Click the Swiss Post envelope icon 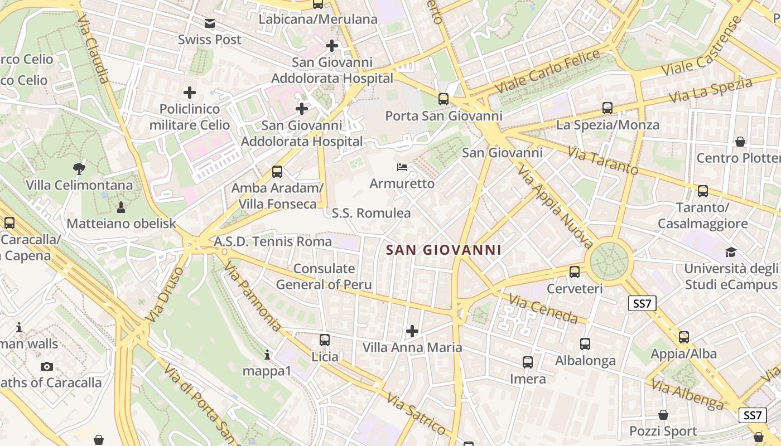(209, 23)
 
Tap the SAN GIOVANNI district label (444, 250)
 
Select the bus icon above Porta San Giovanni (443, 99)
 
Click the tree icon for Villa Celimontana (79, 168)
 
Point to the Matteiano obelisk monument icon (120, 207)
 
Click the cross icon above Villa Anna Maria (412, 331)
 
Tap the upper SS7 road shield (642, 303)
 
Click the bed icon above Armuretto (402, 167)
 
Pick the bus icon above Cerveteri (575, 272)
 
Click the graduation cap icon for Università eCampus (731, 252)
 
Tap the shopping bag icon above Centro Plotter (740, 142)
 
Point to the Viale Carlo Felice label (548, 71)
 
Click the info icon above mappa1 (267, 355)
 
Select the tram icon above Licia (325, 340)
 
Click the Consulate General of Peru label (324, 277)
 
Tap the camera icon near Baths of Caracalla (47, 366)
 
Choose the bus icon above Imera (528, 362)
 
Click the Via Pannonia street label (253, 297)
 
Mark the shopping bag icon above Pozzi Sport (663, 415)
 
